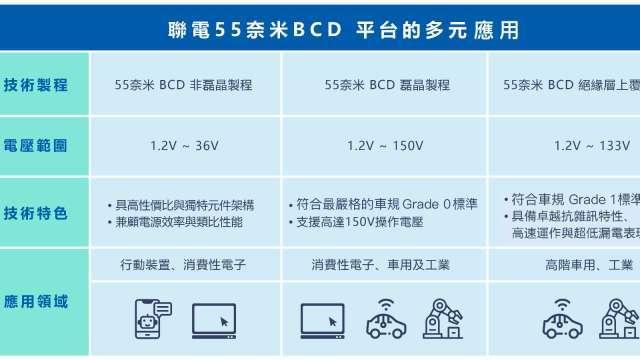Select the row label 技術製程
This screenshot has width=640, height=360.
coord(36,85)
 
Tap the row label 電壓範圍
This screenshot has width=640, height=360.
coord(36,145)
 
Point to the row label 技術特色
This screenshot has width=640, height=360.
coord(36,213)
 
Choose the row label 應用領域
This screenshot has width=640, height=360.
coord(36,300)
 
